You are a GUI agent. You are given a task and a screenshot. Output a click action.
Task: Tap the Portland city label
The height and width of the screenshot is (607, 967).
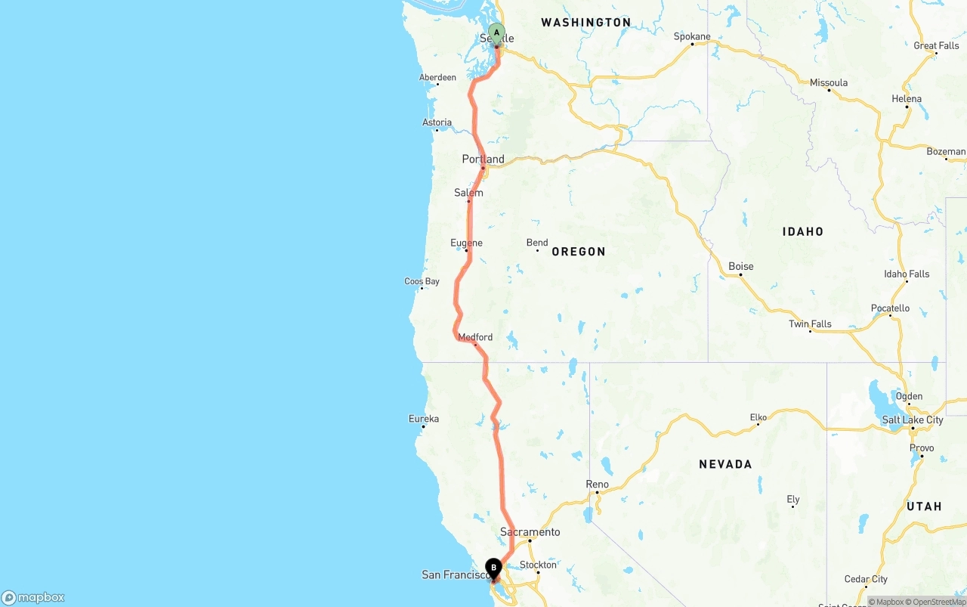pos(483,159)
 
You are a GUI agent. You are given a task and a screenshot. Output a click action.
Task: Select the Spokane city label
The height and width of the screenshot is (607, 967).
pos(692,36)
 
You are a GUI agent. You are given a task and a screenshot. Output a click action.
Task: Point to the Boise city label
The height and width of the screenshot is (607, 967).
pos(740,266)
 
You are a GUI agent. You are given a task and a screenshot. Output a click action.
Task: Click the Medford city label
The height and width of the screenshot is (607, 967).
pos(475,337)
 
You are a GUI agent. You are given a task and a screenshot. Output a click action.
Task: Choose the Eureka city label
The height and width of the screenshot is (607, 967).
pos(423,419)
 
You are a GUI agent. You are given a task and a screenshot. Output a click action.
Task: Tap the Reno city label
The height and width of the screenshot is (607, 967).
pos(597,484)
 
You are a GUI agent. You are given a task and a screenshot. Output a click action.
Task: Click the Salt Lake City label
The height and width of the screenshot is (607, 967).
pos(913,420)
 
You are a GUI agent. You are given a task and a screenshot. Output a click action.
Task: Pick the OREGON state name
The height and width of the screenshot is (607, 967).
pos(578,252)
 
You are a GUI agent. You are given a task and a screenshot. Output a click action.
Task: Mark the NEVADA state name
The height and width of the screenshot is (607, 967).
pos(725,464)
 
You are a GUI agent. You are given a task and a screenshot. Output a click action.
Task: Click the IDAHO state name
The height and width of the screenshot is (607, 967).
pos(802,231)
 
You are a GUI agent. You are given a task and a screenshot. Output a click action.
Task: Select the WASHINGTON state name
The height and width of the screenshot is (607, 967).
pos(585,23)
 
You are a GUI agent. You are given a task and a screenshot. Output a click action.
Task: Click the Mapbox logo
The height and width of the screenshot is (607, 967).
pos(33,597)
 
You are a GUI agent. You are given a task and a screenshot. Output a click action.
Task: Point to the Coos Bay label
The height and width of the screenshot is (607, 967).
pos(422,281)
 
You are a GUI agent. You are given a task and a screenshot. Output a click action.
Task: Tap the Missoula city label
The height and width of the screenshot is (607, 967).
pos(828,82)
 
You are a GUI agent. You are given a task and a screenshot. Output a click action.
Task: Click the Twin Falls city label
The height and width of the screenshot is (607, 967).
pos(810,324)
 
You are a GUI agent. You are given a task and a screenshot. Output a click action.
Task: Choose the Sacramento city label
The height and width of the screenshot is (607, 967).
pos(530,532)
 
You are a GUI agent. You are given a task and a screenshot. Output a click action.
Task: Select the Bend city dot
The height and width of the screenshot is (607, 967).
pos(537,250)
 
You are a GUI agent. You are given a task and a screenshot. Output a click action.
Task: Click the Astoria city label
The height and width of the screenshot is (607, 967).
pos(437,122)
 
